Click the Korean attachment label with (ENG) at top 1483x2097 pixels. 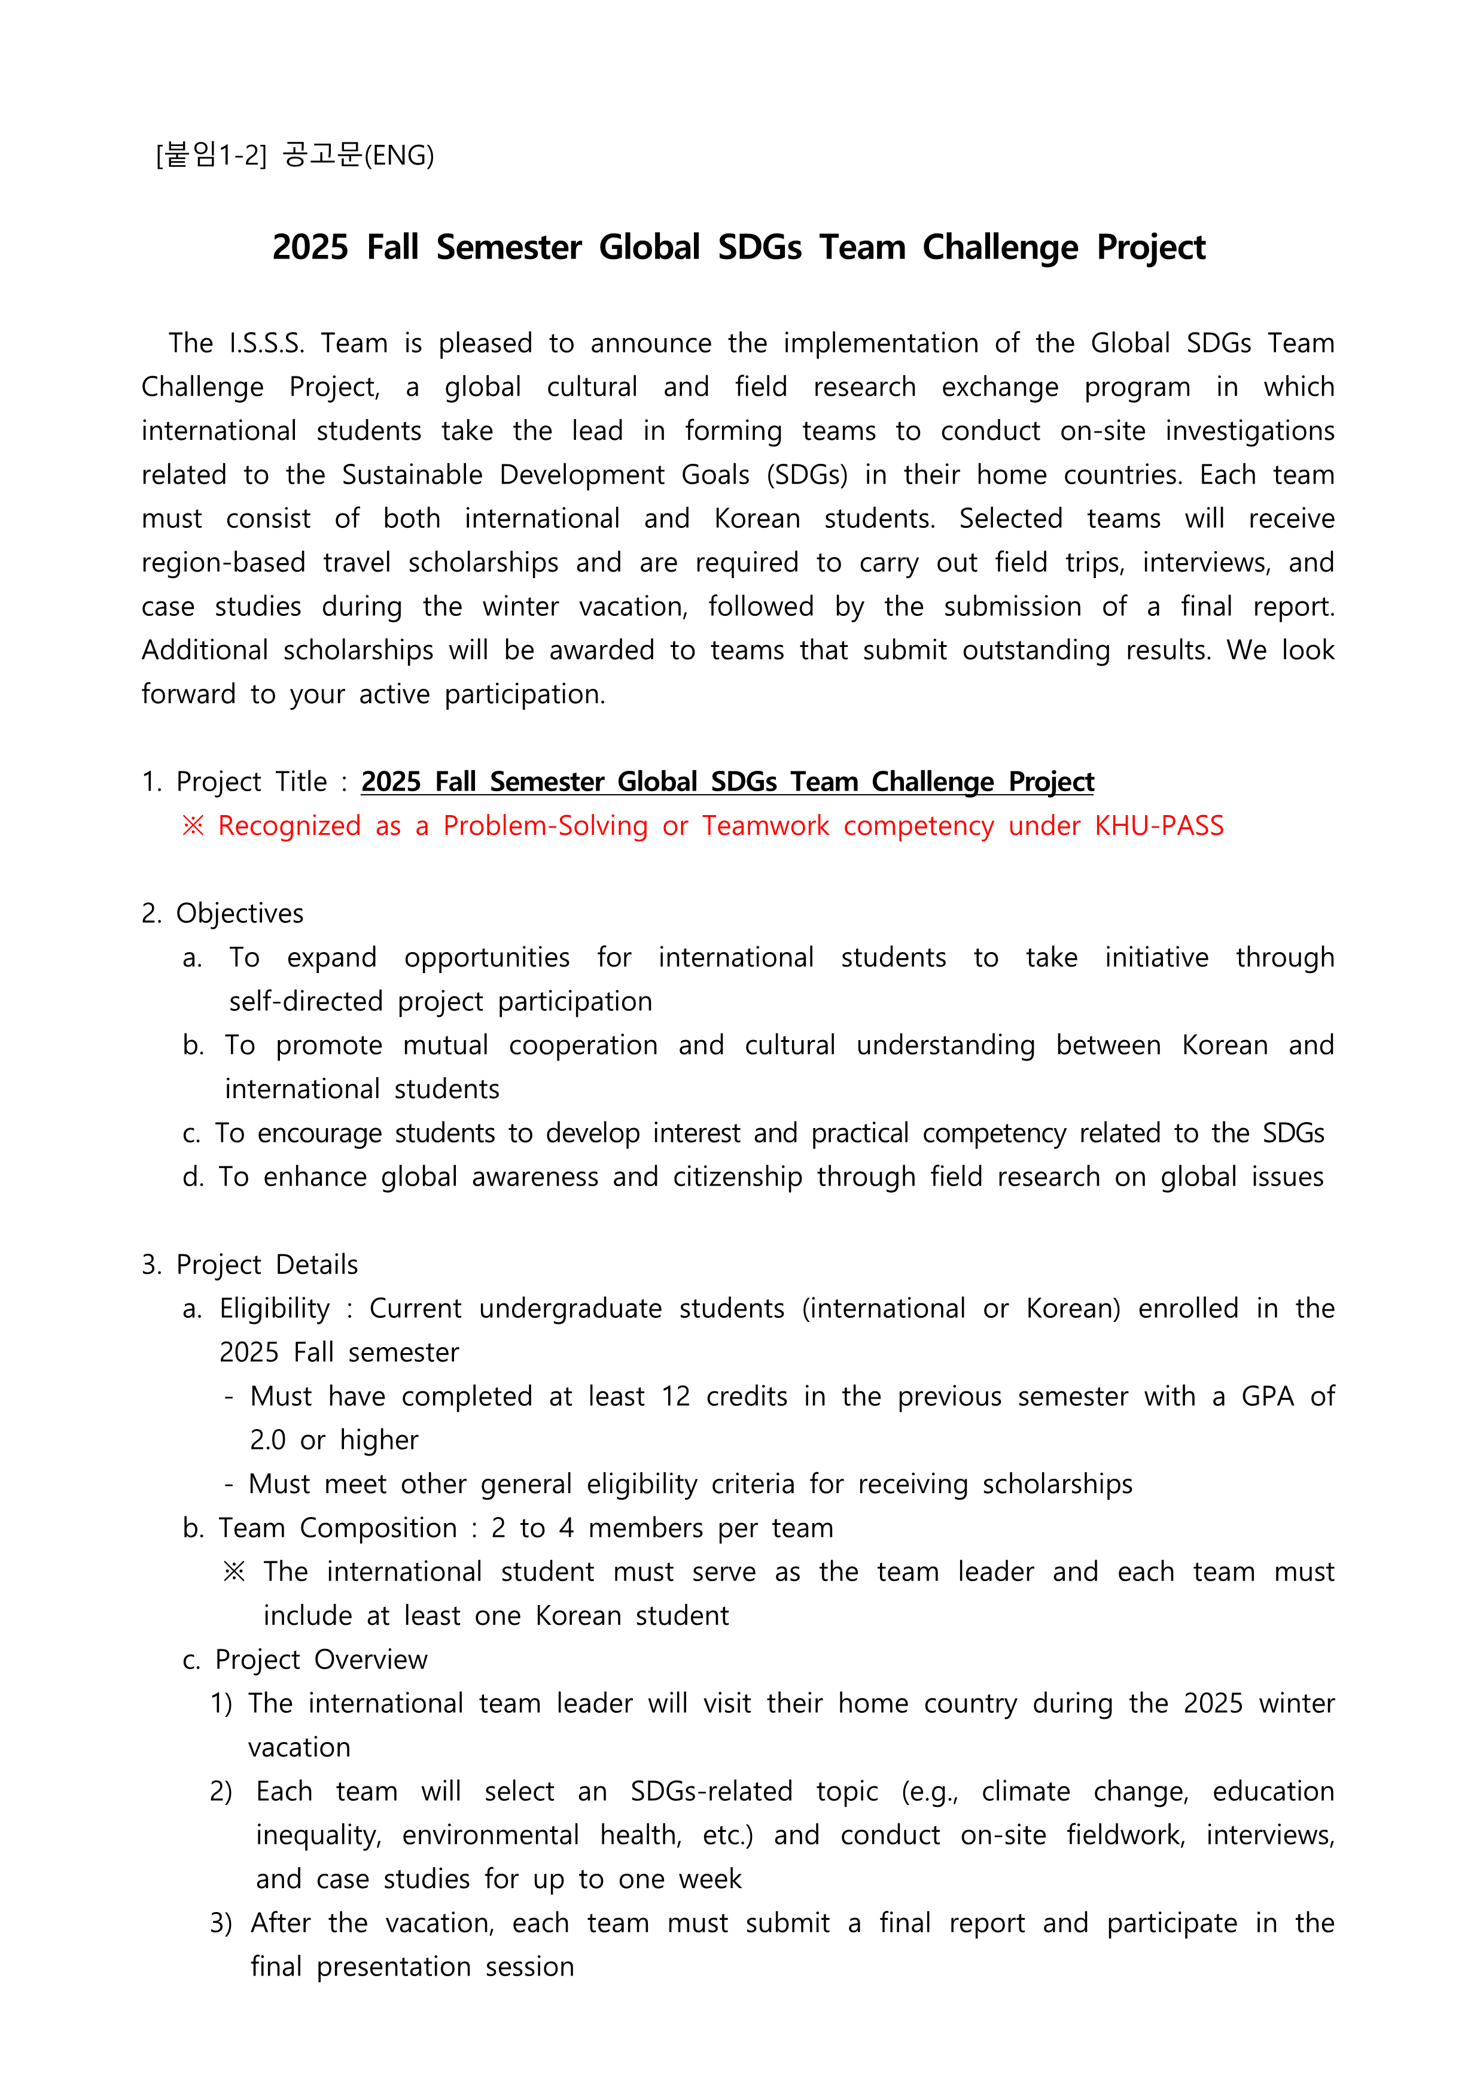(x=295, y=155)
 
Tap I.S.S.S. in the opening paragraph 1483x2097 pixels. (x=267, y=344)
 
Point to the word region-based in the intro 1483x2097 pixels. (x=223, y=563)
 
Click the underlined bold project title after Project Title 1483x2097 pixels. (x=727, y=782)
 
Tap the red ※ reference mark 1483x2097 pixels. (x=193, y=826)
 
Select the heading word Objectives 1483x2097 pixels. (x=239, y=913)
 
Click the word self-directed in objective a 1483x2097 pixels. (x=305, y=1002)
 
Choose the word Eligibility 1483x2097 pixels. (x=274, y=1309)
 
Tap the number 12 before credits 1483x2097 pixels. (x=676, y=1396)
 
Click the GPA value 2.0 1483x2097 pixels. (x=267, y=1440)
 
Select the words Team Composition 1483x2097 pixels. (x=337, y=1528)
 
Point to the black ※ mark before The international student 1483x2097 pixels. (x=235, y=1572)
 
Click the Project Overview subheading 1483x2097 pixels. (x=321, y=1660)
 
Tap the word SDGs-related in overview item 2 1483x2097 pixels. (x=711, y=1792)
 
